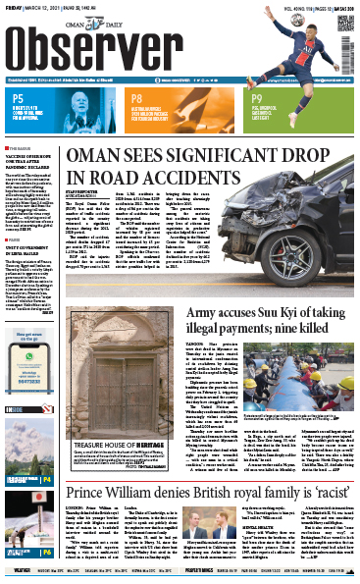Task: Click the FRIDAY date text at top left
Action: pyautogui.click(x=14, y=5)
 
